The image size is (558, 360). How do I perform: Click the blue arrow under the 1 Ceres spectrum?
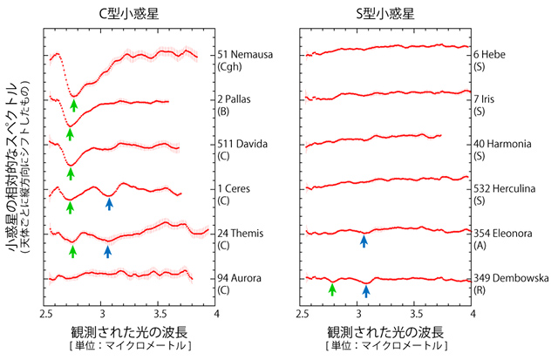pos(109,204)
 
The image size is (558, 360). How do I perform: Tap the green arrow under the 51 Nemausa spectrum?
pos(74,106)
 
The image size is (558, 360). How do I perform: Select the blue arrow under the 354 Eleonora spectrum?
pos(364,241)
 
